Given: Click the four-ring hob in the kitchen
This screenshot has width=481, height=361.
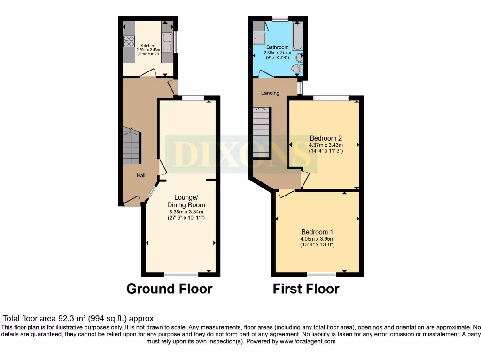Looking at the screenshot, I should [129, 41].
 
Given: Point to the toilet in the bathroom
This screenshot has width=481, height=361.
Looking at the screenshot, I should [296, 69].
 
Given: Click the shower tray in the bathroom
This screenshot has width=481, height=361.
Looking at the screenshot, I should [259, 38].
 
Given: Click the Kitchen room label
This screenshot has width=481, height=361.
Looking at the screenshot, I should [148, 46].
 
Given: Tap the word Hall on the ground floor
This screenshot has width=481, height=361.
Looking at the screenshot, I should [141, 175].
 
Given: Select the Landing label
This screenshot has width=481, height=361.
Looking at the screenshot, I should [270, 93].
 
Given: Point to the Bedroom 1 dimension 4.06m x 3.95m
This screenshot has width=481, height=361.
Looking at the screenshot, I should [317, 239].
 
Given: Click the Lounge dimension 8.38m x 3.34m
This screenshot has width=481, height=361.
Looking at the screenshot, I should [186, 212].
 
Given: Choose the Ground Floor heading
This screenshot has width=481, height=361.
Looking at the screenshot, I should [169, 289].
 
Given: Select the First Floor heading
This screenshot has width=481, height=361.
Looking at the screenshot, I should [306, 289].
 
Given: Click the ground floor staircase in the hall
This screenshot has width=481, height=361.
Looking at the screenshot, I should [132, 146].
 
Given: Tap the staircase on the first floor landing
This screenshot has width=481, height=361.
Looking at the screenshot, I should [262, 133].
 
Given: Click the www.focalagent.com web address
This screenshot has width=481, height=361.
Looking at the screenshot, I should [308, 342].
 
